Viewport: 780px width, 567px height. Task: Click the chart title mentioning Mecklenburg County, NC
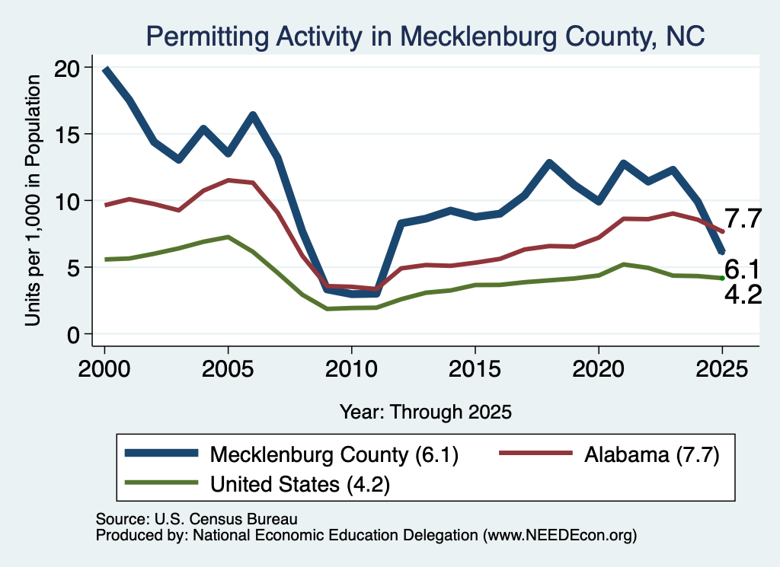425,37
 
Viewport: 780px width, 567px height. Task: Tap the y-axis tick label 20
67,68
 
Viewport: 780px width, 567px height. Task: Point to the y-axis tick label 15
67,135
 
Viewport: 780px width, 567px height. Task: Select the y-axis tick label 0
73,335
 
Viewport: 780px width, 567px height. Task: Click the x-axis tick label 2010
351,369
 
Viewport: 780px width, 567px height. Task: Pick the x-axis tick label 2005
228,369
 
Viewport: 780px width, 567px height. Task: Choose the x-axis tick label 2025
722,369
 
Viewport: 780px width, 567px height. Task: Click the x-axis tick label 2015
475,369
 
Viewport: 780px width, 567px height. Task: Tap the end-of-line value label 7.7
743,218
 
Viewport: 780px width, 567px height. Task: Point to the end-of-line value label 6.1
743,270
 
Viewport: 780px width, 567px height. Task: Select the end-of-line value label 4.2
743,295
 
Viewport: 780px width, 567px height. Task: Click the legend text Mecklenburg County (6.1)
334,454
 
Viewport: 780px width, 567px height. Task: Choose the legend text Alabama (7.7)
652,454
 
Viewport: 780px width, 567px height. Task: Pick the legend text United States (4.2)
300,484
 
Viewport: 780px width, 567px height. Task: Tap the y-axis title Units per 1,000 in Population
33,200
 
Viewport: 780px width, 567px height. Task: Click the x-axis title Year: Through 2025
425,412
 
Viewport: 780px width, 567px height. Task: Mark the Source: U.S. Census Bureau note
197,519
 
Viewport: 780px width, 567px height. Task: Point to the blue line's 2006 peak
253,115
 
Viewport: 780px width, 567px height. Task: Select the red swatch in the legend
535,453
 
